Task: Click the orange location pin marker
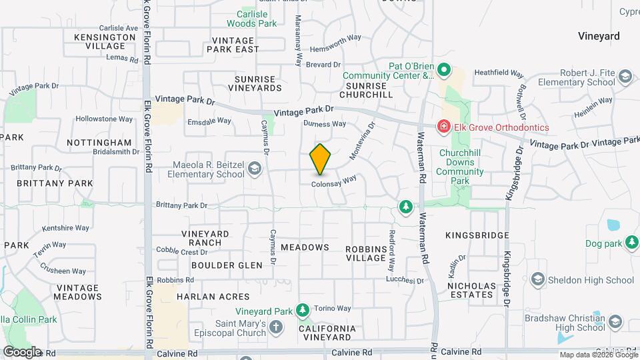[321, 159]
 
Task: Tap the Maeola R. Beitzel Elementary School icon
[254, 169]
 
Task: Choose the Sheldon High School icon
[537, 279]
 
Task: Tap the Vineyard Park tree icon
[303, 311]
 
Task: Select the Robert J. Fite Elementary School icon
[625, 77]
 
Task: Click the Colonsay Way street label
[335, 180]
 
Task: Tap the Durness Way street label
[325, 123]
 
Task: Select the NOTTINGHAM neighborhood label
[100, 143]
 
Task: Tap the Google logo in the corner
[22, 351]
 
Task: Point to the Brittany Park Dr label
[181, 205]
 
